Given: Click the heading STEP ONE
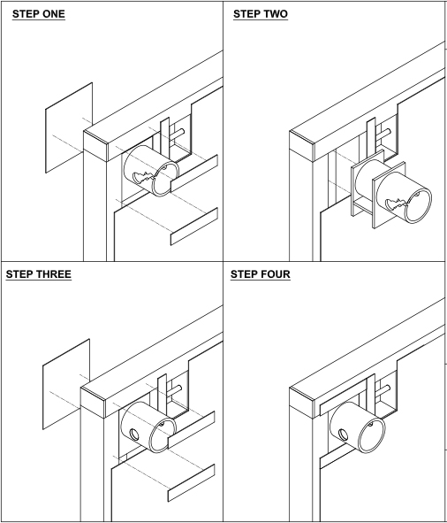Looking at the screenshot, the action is tap(39, 14).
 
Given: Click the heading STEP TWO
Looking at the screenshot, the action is tap(261, 14).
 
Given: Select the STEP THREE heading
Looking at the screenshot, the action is tap(39, 274).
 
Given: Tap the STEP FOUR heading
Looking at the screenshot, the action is tap(261, 274).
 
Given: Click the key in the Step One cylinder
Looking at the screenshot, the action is tap(144, 177).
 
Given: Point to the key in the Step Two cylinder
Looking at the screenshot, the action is tap(397, 204).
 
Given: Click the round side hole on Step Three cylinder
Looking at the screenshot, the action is tap(134, 435).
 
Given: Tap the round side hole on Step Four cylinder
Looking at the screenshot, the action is tap(343, 435).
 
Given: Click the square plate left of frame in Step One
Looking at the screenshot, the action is tap(69, 127).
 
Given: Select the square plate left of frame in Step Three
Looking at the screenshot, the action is tap(66, 384).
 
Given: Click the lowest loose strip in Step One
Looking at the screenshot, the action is tap(194, 227).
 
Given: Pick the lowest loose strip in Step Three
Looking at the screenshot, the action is tap(191, 483).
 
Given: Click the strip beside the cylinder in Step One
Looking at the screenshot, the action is tap(194, 173).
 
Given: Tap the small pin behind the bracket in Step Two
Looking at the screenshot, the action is tap(384, 135).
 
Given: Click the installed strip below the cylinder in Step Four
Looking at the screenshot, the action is tap(337, 458).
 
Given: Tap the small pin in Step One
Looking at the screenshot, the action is tap(178, 135).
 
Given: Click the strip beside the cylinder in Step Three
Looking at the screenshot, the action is tap(191, 430).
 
